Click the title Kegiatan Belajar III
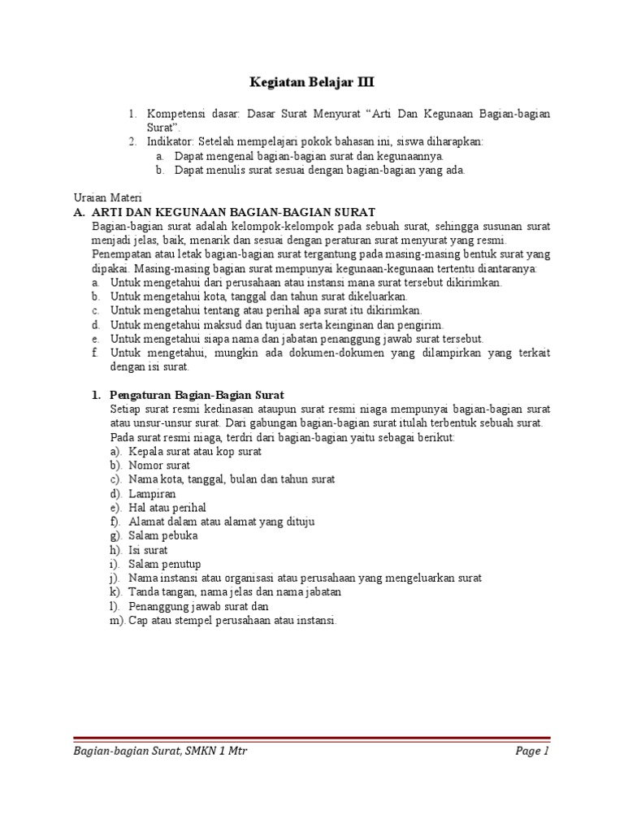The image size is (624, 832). coord(312,83)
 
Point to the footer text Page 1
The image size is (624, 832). coord(533,751)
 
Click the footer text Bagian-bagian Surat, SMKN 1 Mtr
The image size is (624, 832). coord(160,751)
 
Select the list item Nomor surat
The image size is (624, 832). coord(159,466)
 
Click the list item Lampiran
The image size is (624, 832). coord(152,493)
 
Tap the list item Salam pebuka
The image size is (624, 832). coord(163,535)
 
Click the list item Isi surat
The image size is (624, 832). coord(147,550)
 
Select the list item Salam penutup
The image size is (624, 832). coord(165,564)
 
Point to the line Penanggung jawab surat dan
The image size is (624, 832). coord(198,606)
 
